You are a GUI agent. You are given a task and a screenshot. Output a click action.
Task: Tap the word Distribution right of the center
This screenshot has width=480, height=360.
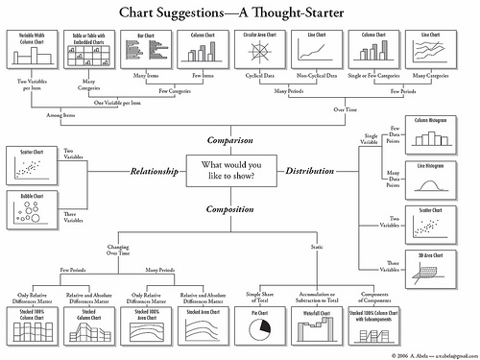point(309,172)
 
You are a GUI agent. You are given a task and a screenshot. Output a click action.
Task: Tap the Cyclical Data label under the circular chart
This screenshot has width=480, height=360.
point(254,73)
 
